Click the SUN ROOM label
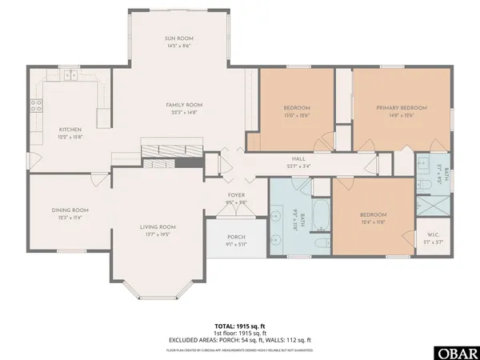point(179,38)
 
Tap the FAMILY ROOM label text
point(184,105)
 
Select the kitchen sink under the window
point(70,76)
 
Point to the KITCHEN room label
point(70,129)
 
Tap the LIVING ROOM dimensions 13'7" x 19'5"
point(158,234)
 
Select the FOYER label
point(236,193)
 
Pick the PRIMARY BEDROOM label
point(402,107)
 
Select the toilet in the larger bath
point(320,243)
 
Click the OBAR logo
point(453,352)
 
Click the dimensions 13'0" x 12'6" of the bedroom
point(297,114)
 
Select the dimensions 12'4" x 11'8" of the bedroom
point(373,221)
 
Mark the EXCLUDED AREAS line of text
point(239,341)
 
